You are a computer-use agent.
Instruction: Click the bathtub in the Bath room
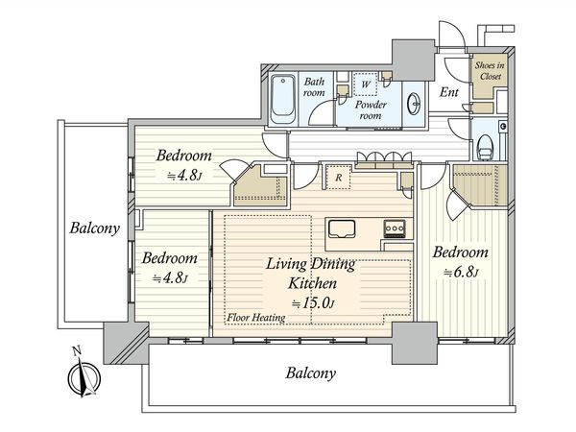tap(283, 99)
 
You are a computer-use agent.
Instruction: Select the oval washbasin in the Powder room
tap(415, 105)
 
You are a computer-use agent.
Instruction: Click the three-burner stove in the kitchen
tap(395, 228)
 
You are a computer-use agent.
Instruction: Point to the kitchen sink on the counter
tap(342, 229)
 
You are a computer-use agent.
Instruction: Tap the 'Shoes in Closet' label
tap(491, 70)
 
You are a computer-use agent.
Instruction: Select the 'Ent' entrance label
tap(449, 92)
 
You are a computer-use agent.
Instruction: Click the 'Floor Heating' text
tap(256, 318)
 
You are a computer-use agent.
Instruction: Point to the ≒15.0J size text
tap(313, 303)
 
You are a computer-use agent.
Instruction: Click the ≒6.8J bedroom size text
tap(461, 273)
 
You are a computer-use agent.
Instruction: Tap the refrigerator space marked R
tap(338, 178)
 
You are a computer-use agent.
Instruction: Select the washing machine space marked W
tap(365, 84)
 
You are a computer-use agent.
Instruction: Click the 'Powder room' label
tap(371, 109)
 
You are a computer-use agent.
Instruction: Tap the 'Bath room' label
tap(314, 86)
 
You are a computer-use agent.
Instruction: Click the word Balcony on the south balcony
tap(311, 373)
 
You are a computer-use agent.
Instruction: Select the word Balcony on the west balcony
tap(95, 228)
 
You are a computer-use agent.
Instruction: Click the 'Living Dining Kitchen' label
tap(311, 274)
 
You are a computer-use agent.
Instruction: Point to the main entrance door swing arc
tap(452, 34)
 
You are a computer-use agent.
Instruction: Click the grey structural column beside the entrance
tap(414, 60)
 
